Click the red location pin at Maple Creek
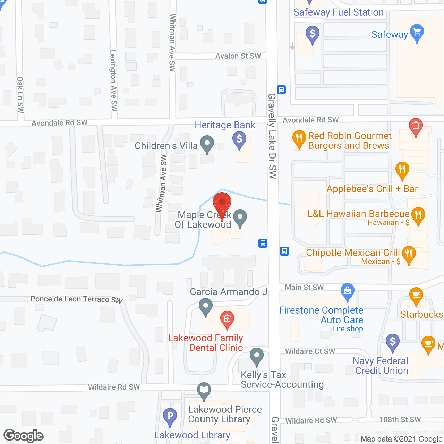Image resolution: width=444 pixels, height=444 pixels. point(222,203)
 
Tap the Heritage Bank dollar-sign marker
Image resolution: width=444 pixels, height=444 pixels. point(239,140)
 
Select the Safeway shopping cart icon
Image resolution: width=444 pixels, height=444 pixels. point(417,32)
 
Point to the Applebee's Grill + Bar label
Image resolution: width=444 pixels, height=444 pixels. point(372,189)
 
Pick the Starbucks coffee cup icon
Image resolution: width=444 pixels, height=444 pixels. point(416,296)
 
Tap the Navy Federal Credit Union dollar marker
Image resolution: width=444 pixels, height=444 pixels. point(393,342)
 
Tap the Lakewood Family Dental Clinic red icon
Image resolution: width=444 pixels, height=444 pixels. point(227,318)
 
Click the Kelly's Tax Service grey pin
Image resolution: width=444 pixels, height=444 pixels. point(257,356)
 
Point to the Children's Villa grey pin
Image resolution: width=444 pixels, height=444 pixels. point(207,143)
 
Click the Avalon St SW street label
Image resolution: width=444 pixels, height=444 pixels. point(238,56)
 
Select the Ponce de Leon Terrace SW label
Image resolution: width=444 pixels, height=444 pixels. point(77,299)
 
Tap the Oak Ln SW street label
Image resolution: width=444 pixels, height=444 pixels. point(20,95)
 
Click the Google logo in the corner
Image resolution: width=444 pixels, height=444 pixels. point(24,436)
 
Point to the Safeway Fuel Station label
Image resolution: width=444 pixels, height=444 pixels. point(339,12)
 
